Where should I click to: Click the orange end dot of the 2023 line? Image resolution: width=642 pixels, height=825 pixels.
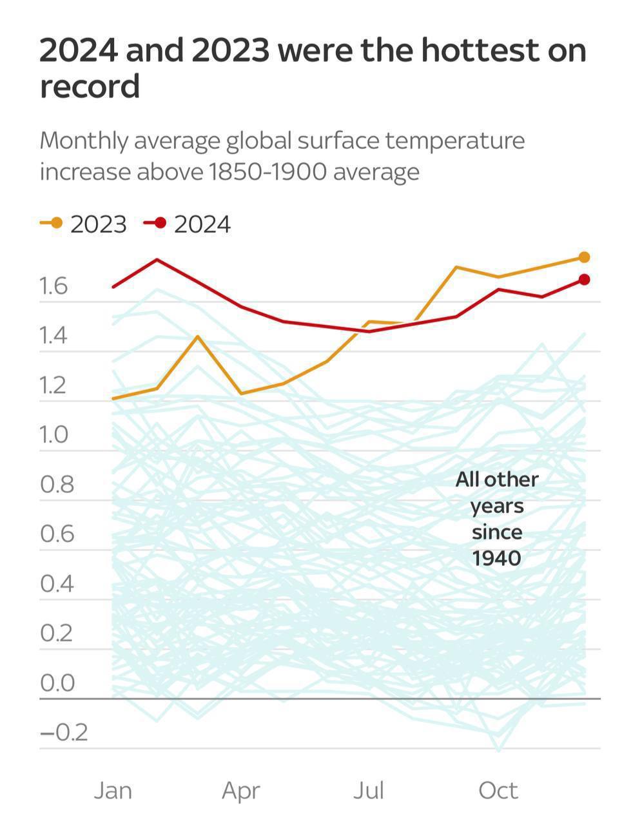584,257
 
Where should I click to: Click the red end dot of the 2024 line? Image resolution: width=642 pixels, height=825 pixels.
584,279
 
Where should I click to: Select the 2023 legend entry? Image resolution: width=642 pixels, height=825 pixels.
84,224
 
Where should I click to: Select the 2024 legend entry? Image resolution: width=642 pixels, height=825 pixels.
188,224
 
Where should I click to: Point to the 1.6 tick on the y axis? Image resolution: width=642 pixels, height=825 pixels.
53,286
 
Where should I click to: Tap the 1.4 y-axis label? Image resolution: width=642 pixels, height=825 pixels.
53,336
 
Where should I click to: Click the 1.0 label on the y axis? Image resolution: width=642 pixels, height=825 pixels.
53,435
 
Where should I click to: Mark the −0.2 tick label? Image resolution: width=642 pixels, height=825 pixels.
63,733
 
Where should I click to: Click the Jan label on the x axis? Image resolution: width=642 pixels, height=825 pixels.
113,790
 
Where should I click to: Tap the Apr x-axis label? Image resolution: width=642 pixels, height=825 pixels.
241,790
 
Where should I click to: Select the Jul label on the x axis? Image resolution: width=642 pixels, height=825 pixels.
368,790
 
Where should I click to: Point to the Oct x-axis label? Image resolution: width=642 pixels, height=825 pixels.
498,790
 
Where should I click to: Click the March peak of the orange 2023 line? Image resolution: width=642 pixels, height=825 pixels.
198,336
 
